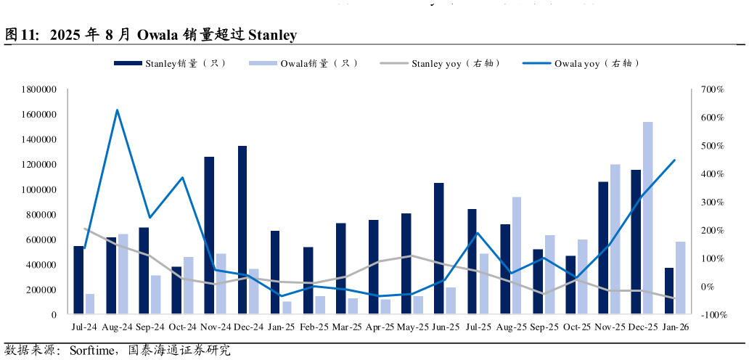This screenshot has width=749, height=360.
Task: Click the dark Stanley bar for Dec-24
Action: pos(242,230)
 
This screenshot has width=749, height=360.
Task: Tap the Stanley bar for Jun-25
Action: pos(439,248)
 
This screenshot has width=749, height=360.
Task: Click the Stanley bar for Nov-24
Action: pos(209,235)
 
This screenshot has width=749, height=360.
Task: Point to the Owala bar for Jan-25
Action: pos(287,308)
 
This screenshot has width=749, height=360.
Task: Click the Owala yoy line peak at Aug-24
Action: pos(117,110)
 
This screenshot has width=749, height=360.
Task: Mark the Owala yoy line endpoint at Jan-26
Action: pos(674,160)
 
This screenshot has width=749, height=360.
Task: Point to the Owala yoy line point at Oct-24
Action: pos(183,177)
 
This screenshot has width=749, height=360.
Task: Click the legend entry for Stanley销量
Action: pos(171,64)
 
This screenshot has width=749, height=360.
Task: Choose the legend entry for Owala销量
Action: pos(304,64)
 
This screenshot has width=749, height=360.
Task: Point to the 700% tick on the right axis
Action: pos(712,89)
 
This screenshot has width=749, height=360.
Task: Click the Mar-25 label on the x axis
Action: pos(347,328)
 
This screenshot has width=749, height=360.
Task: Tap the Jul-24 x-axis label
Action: pos(84,328)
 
